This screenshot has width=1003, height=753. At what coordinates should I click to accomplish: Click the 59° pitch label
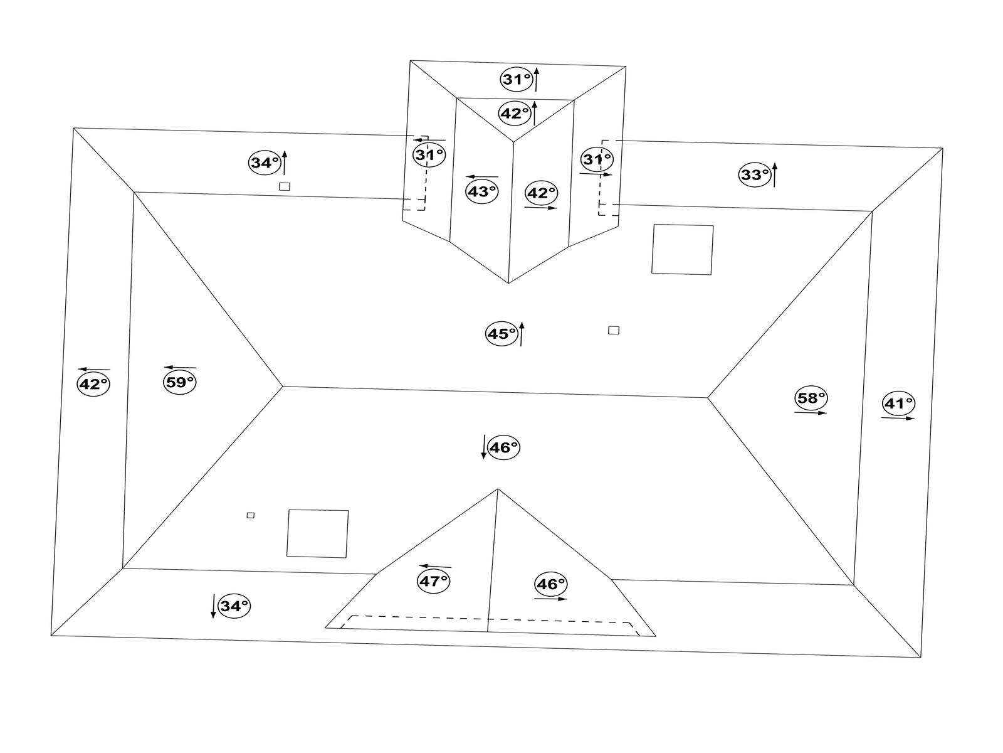pos(179,382)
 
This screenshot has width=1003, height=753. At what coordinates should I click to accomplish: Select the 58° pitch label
pos(811,398)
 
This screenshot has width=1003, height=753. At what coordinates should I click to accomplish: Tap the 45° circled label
pos(501,334)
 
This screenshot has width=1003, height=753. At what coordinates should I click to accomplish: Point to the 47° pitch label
pos(434,582)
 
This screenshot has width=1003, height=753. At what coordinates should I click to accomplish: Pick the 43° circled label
pos(482,191)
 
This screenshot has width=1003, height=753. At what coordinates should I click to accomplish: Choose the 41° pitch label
pos(898,403)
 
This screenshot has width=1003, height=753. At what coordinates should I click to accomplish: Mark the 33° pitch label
pos(755,174)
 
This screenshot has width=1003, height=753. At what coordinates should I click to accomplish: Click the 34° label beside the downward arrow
pos(234,606)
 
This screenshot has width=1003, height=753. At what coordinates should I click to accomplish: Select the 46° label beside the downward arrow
pos(503,447)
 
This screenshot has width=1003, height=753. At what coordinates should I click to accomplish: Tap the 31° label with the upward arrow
pos(517,80)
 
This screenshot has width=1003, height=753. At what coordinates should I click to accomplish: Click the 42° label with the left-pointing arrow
pos(93,384)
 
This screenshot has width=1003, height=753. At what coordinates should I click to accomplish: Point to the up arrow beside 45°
pos(522,334)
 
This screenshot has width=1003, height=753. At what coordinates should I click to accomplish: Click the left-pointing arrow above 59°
pos(181,367)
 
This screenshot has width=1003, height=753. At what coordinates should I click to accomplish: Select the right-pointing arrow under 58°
pos(811,413)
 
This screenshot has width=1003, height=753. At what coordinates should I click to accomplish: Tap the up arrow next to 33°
pos(775,175)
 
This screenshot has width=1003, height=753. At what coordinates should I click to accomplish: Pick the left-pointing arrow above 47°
pos(435,567)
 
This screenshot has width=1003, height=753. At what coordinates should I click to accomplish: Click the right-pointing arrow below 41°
pos(898,418)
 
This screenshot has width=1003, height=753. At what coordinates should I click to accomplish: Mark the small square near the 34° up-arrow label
pos(284,186)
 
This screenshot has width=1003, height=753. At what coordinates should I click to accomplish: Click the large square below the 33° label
pos(682,250)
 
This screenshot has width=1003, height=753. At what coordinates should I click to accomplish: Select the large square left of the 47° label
pos(318,534)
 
